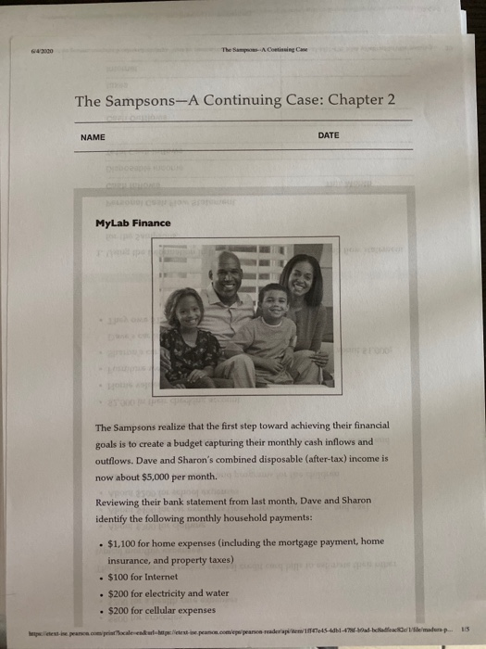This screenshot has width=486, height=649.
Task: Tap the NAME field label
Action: click(x=93, y=136)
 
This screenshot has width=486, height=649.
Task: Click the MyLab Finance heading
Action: click(x=132, y=223)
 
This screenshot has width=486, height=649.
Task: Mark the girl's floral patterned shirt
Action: click(x=188, y=352)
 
